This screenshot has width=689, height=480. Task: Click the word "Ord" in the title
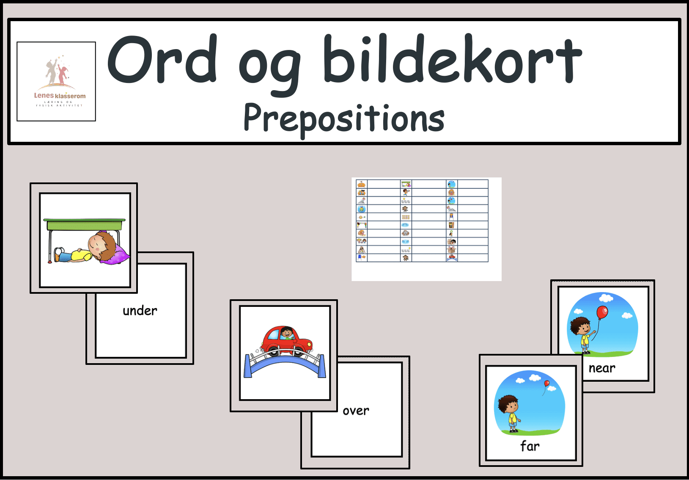coord(162,60)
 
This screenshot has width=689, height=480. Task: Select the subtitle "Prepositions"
coord(344,119)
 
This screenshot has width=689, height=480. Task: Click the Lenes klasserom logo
coord(56,81)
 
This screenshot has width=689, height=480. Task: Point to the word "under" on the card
coord(140,311)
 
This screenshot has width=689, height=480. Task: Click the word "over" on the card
coord(356,411)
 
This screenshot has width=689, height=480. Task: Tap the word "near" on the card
coord(602,368)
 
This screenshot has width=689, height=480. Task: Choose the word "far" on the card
coord(530,446)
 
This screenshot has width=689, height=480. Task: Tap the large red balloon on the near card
coord(602,313)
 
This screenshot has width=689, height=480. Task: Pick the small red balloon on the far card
coord(546,383)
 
